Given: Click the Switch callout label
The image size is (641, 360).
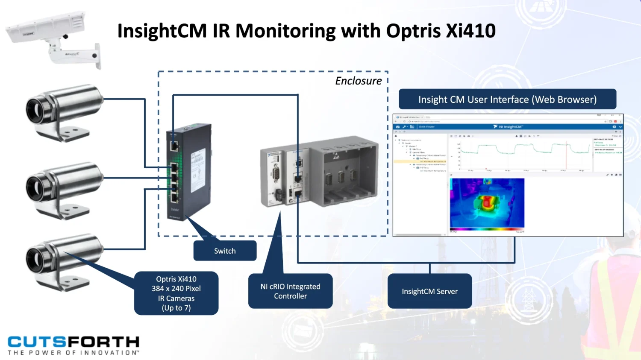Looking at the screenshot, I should (225, 251).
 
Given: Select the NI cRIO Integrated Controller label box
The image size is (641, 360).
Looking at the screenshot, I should (290, 291).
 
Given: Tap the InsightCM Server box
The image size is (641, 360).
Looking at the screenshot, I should (429, 291).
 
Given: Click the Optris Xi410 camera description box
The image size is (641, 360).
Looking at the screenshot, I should (176, 293).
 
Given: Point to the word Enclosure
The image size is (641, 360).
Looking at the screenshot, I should (358, 81).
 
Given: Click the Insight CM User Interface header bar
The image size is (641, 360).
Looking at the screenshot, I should (507, 100).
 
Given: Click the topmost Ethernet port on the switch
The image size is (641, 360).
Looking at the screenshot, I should (174, 146).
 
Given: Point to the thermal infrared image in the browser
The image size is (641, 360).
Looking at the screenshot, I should (487, 203).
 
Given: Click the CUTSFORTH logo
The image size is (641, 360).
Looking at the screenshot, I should (74, 342).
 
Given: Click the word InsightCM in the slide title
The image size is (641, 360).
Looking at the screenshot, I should (162, 31).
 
